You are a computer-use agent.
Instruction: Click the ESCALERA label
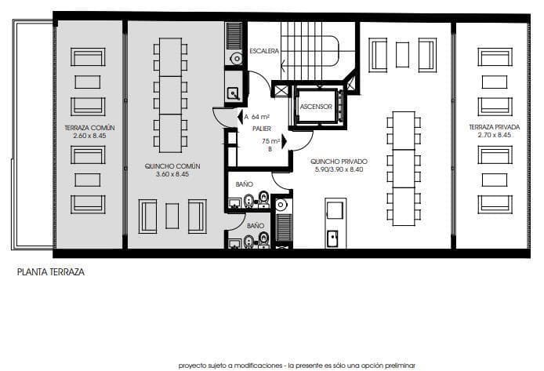[x=265, y=51]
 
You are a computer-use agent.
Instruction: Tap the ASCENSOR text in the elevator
[x=316, y=107]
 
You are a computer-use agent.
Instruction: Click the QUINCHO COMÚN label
[x=173, y=165]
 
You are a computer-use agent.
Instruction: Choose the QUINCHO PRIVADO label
[x=339, y=161]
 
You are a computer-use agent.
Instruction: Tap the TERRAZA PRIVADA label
[x=494, y=127]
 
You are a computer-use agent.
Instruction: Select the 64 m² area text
[x=259, y=116]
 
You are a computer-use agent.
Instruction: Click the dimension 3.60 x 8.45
[x=173, y=174]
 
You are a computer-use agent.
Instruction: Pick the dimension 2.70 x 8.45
[x=494, y=135]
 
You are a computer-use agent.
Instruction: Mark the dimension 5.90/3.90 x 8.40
[x=339, y=169]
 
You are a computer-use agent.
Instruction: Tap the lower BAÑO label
[x=256, y=225]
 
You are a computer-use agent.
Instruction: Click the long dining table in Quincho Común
[x=170, y=96]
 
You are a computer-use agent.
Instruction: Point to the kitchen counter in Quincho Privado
[x=335, y=224]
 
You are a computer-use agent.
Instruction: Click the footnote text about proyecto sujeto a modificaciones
[x=296, y=365]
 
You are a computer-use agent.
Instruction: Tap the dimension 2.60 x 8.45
[x=88, y=136]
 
